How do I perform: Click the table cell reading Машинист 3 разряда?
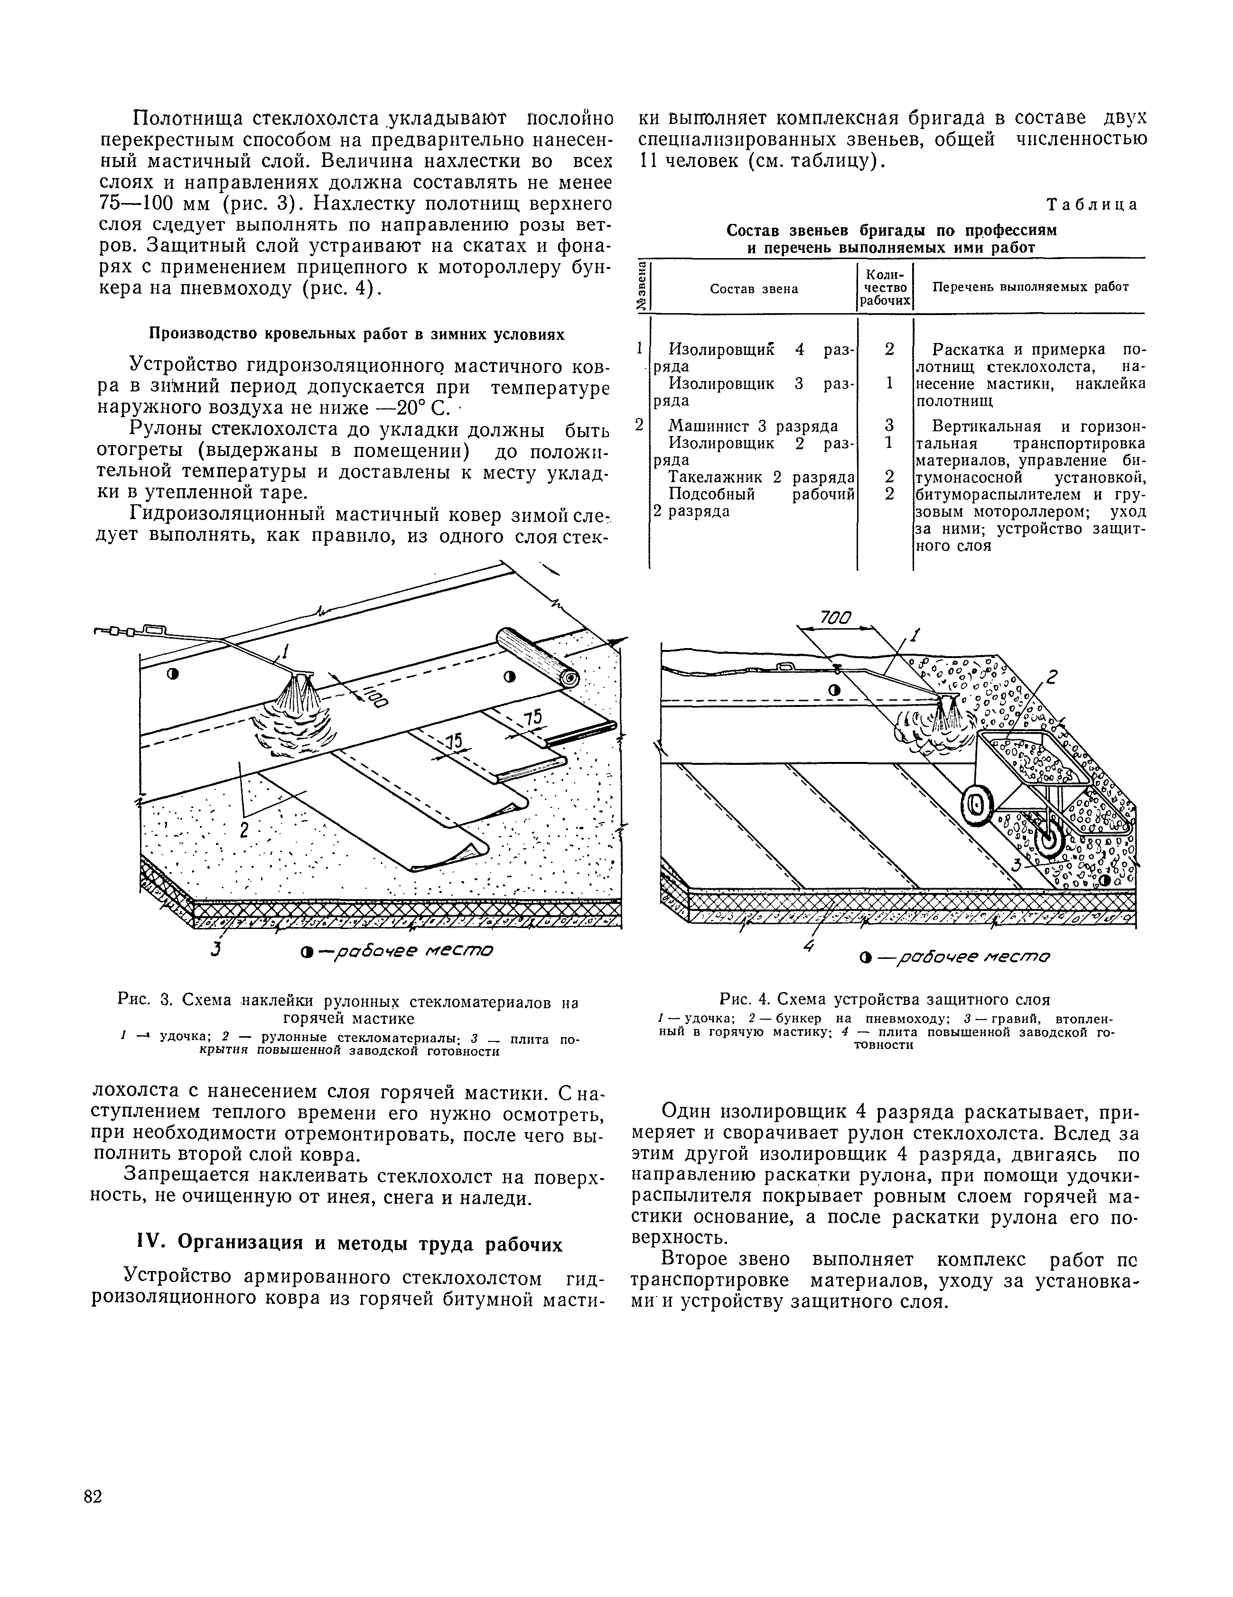(753, 427)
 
